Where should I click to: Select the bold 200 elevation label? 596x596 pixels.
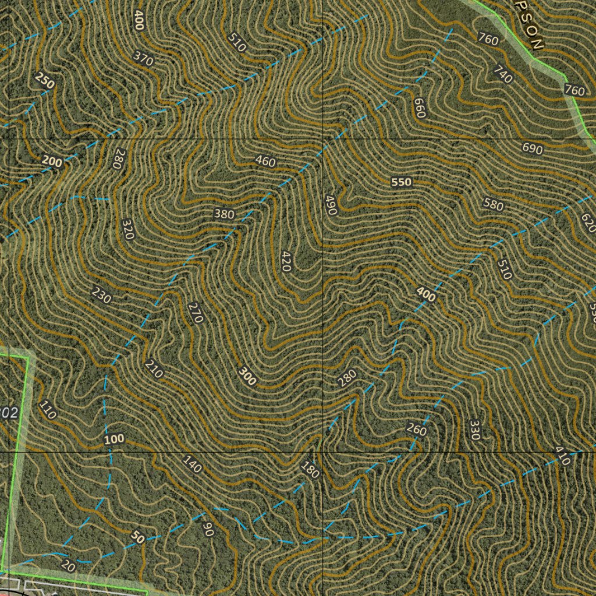[52, 161]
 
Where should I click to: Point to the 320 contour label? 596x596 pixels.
[128, 229]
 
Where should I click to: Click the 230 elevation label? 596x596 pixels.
[101, 295]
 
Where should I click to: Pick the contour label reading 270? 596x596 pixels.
[196, 313]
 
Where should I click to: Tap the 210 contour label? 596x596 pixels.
[154, 369]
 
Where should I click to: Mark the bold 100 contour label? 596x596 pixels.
[114, 439]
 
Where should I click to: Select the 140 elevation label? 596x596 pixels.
[192, 464]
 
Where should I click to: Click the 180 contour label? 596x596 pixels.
[310, 469]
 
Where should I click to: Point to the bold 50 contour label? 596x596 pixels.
[137, 537]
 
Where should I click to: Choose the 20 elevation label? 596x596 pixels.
[68, 566]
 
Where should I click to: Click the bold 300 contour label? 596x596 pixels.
[247, 377]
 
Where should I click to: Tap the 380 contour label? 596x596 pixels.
[224, 214]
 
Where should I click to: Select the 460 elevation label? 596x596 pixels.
[265, 161]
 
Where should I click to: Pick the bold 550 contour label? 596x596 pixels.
[401, 182]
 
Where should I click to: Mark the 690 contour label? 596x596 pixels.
[532, 149]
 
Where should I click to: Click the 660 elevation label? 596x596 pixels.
[420, 108]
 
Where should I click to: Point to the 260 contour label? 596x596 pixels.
[416, 431]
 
